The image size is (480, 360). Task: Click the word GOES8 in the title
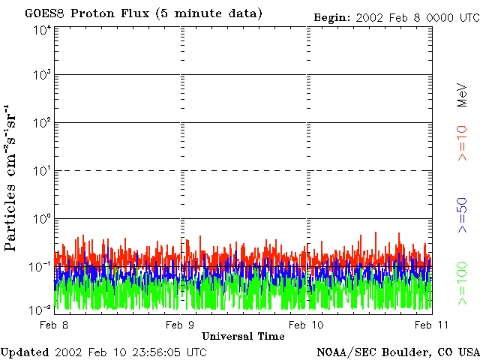(43, 13)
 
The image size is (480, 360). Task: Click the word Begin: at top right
(330, 16)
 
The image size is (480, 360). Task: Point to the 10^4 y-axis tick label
(42, 30)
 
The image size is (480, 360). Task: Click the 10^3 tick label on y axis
(42, 76)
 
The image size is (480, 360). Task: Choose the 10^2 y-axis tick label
(42, 124)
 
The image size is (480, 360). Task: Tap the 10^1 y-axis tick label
(42, 172)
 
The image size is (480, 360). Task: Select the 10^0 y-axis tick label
(42, 220)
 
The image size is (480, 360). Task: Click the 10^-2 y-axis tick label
(41, 309)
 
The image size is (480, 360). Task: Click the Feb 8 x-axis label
(55, 325)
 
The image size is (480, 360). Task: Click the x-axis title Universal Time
(243, 336)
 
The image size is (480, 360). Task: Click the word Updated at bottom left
(25, 352)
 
